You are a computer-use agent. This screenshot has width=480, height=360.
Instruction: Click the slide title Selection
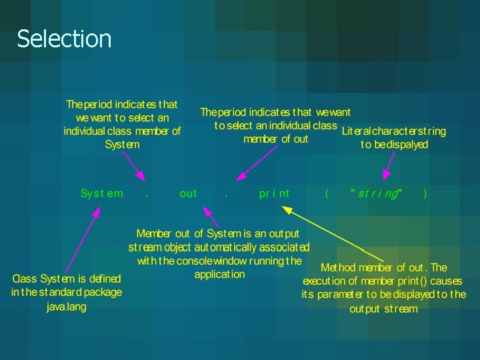(x=64, y=39)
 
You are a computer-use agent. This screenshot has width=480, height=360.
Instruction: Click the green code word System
(x=101, y=193)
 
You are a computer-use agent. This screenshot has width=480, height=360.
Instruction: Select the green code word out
(x=188, y=193)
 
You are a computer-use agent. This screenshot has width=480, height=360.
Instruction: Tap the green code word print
(x=274, y=193)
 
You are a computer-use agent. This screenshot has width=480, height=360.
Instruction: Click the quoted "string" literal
(x=376, y=193)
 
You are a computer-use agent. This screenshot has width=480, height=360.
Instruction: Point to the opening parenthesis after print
(x=326, y=193)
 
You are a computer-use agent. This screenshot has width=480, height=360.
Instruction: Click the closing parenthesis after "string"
(x=425, y=193)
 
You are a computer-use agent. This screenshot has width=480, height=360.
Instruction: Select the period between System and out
(x=146, y=195)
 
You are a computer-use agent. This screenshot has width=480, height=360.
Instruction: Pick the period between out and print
(x=227, y=195)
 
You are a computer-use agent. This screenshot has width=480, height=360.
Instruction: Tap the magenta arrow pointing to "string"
(x=389, y=165)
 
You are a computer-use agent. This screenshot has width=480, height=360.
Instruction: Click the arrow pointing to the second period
(x=257, y=162)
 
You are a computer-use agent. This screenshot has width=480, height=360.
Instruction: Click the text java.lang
(x=67, y=307)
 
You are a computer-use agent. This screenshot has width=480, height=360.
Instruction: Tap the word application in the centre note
(x=219, y=274)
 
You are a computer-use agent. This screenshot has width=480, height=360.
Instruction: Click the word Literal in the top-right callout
(x=356, y=131)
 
